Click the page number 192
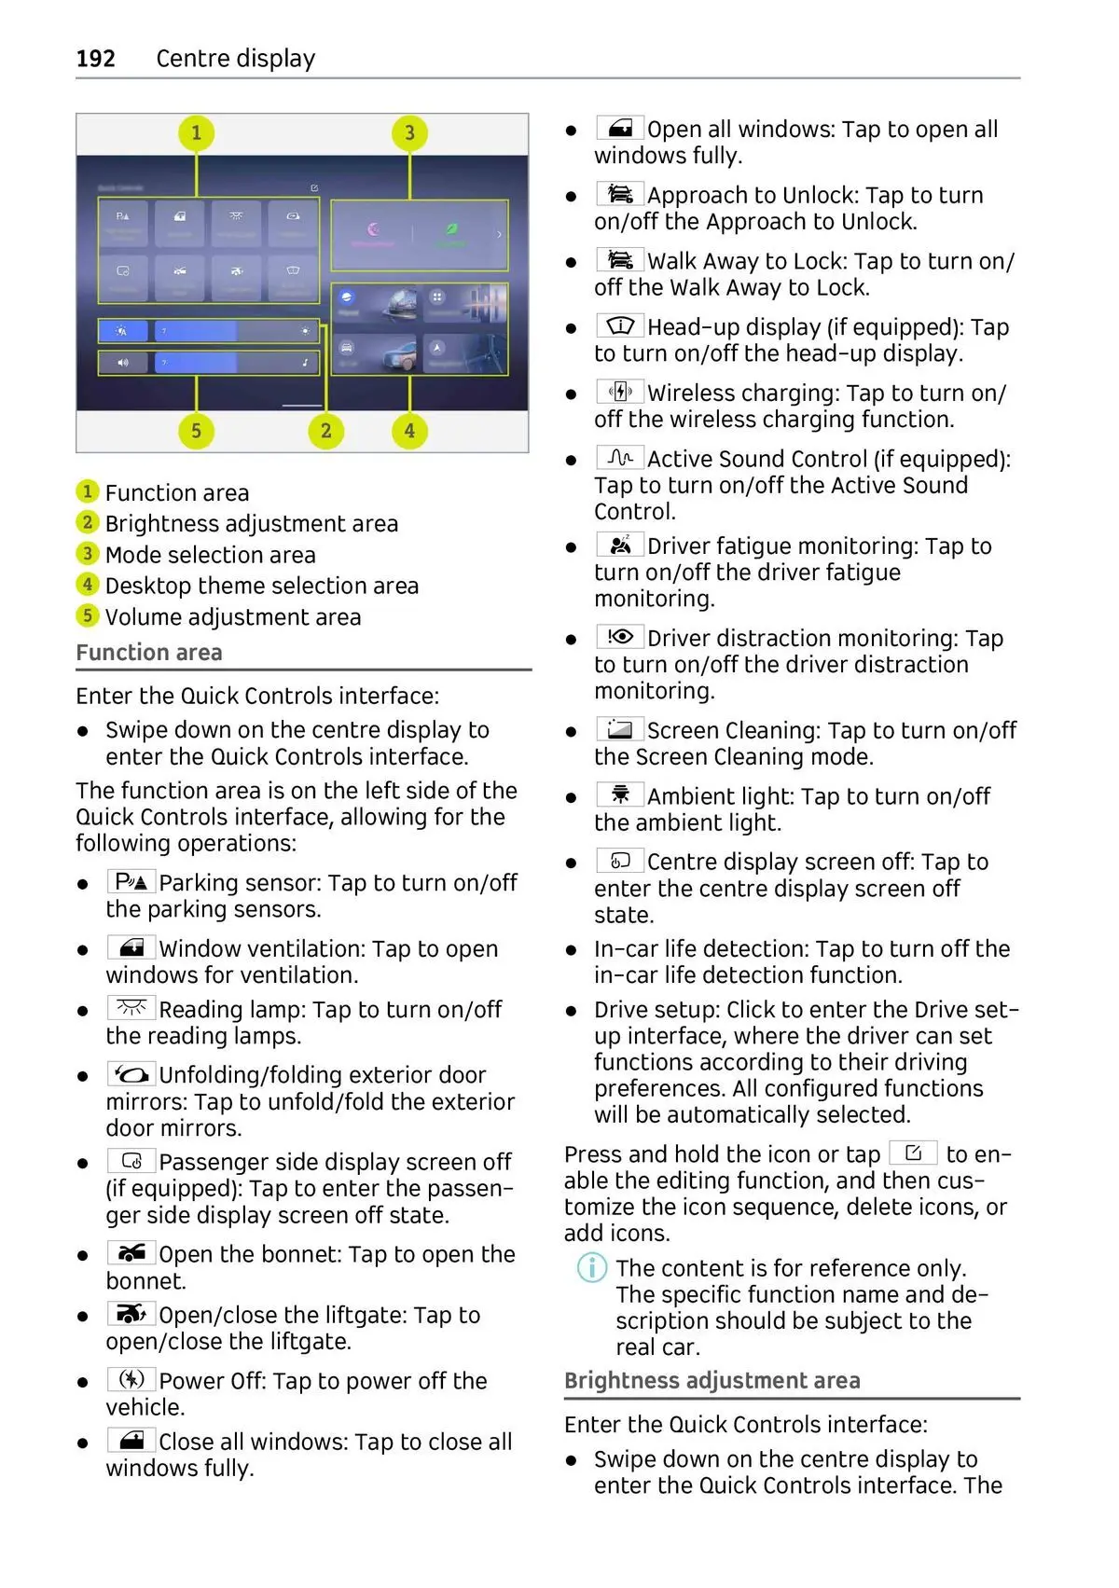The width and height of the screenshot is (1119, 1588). point(95,59)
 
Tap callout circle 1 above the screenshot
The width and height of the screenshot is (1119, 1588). point(196,132)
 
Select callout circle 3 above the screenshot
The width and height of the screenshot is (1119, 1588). point(409,132)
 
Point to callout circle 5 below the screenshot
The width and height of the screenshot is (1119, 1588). point(196,431)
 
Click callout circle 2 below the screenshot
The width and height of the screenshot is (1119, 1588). point(325,431)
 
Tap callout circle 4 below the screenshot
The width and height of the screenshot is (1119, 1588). point(409,431)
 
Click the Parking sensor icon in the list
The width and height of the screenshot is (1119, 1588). point(131,881)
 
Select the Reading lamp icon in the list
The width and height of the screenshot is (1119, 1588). point(131,1008)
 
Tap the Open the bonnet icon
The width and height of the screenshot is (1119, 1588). point(131,1252)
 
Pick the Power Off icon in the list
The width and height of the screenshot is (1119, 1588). point(131,1379)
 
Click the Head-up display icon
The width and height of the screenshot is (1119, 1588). point(620,325)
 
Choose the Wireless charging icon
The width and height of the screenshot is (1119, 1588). point(620,392)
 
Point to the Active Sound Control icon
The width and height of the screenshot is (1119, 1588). point(620,458)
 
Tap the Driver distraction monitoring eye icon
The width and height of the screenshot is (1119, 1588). point(620,637)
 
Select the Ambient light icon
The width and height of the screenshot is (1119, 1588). point(620,794)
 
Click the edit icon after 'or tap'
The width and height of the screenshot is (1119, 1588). point(913,1153)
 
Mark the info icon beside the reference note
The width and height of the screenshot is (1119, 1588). point(592,1268)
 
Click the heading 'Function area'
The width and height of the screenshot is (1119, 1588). point(149,653)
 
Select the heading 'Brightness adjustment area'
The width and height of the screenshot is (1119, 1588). point(711,1381)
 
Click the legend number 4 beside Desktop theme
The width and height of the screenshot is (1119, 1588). point(87,585)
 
